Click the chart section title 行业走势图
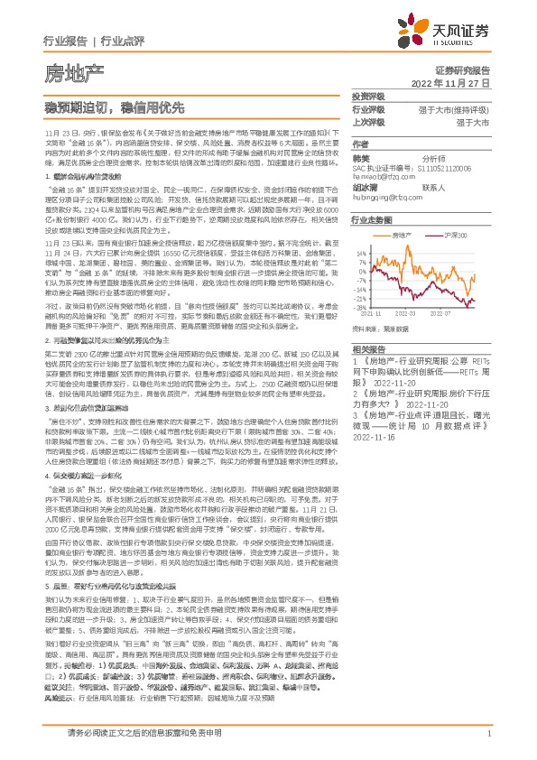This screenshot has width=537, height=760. pyautogui.click(x=372, y=219)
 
